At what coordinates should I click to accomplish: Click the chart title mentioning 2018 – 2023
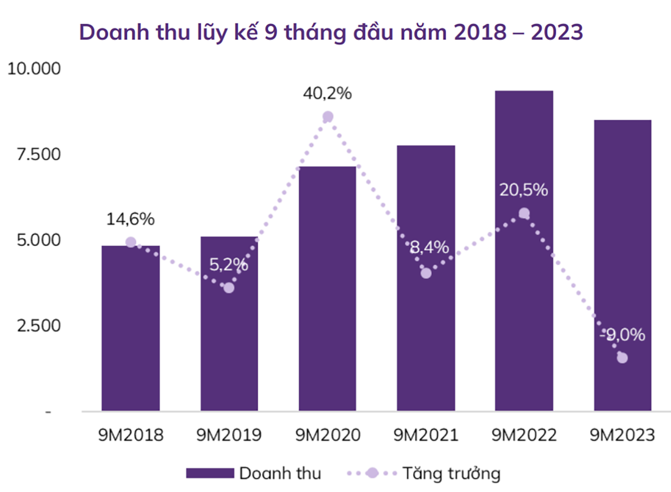click(x=331, y=32)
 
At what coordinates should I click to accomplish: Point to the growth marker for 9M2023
click(x=622, y=357)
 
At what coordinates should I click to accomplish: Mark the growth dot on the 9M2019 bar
click(x=229, y=287)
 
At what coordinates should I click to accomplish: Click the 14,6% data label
click(x=130, y=219)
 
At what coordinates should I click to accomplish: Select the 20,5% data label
click(x=523, y=190)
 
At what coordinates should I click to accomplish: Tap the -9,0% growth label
click(x=622, y=335)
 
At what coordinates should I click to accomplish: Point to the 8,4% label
click(x=429, y=248)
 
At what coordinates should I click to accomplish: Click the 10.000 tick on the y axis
click(x=34, y=69)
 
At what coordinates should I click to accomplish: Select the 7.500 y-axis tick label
click(x=38, y=155)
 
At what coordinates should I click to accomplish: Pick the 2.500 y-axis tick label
click(x=38, y=326)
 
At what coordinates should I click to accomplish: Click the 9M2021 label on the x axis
click(x=426, y=435)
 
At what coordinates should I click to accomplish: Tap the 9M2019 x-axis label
click(x=229, y=435)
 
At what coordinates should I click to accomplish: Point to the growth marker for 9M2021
click(x=426, y=273)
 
